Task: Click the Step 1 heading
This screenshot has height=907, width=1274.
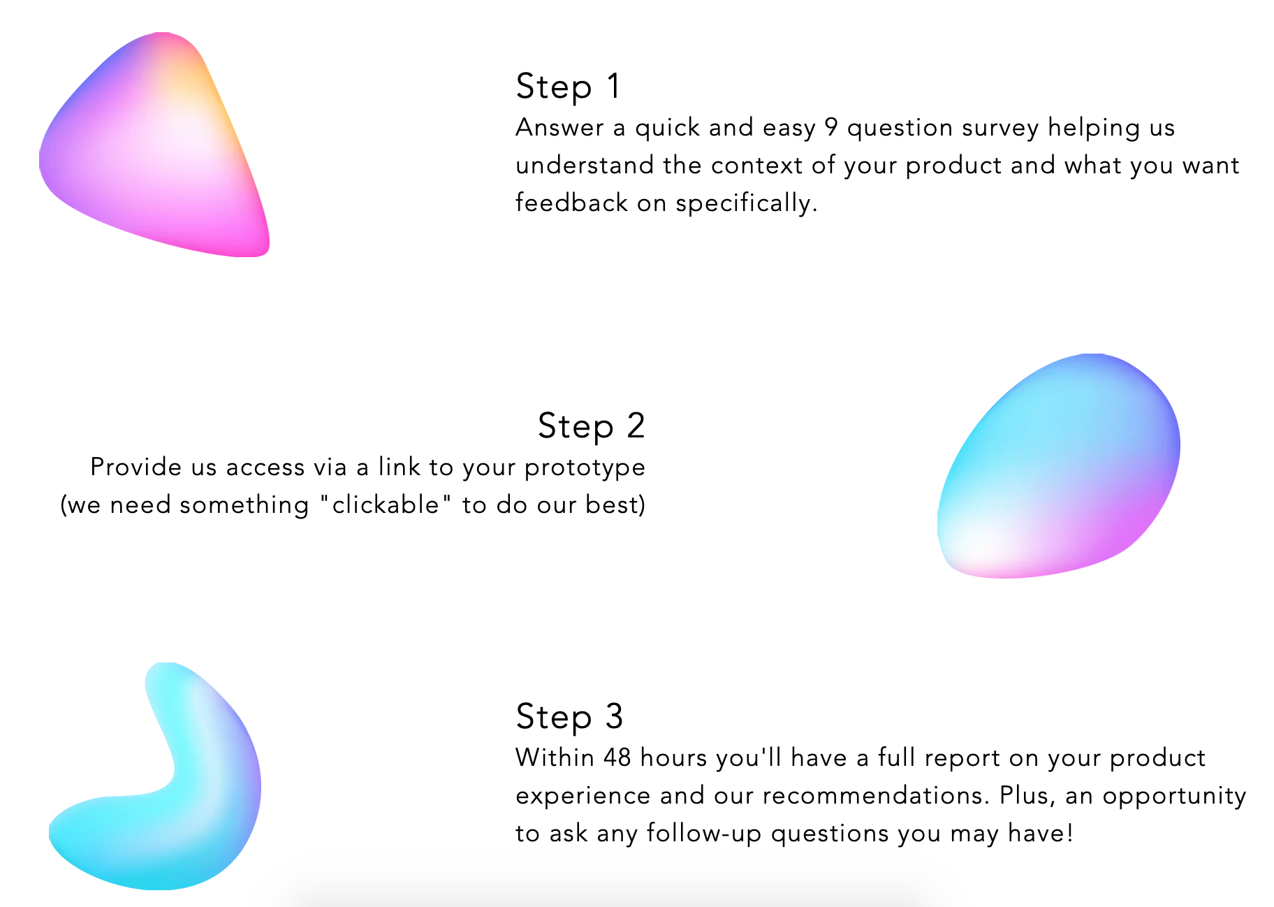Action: (568, 87)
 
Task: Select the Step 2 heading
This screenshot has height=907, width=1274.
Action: (591, 426)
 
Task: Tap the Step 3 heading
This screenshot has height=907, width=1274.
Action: (569, 717)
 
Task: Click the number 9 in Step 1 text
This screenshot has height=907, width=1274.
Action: (830, 128)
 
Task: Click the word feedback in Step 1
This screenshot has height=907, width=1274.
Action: (571, 203)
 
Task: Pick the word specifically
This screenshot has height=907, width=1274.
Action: (745, 204)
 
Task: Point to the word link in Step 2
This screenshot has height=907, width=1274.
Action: (397, 467)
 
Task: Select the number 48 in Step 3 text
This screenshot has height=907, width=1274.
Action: (617, 757)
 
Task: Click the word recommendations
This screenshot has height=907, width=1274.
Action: (876, 796)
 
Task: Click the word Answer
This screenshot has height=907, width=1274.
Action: (559, 128)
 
